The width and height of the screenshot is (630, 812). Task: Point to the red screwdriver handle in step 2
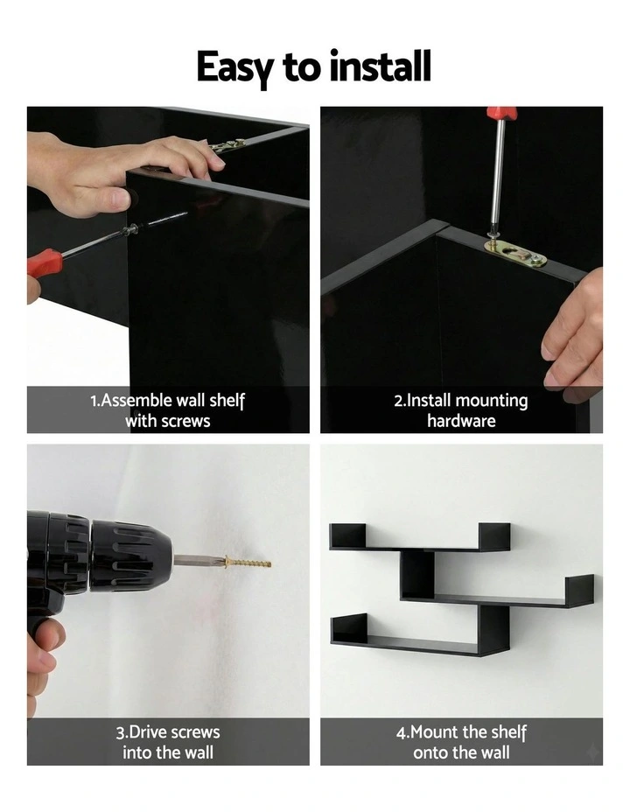[502, 113]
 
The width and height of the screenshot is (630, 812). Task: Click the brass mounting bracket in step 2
[515, 253]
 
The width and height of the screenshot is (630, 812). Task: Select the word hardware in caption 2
[461, 421]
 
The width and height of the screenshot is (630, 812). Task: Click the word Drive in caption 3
[151, 732]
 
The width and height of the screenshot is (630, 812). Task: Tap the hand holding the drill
[40, 665]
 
